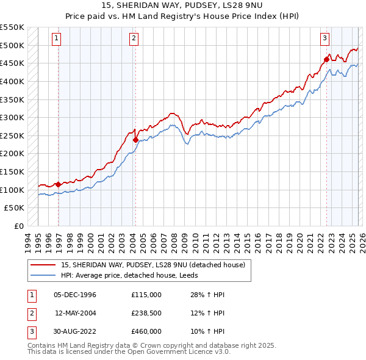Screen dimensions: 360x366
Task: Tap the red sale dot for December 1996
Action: point(58,184)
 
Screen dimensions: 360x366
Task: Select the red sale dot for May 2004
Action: point(135,139)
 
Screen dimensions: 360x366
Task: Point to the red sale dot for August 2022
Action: point(326,59)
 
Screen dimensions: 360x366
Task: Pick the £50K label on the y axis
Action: point(15,208)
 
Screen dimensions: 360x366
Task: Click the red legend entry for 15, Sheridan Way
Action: point(152,265)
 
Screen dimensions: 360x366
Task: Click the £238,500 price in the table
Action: point(146,313)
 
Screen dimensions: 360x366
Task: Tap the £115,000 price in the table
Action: point(146,295)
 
